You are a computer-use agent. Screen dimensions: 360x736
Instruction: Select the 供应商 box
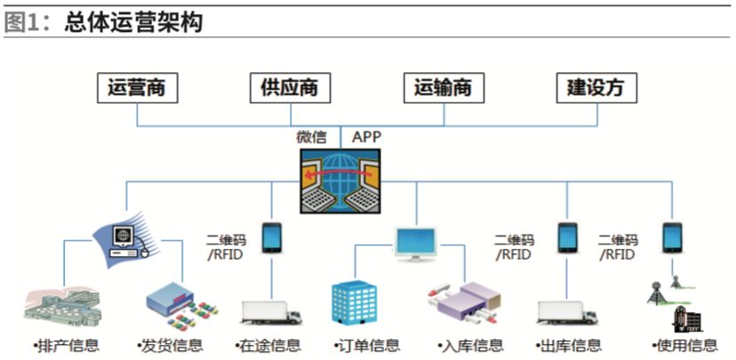(288, 88)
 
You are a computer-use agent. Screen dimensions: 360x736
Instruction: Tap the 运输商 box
(442, 88)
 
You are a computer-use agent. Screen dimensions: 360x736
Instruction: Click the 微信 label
(311, 137)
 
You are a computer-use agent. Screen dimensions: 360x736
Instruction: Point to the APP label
(367, 137)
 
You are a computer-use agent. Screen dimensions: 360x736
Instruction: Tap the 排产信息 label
(66, 345)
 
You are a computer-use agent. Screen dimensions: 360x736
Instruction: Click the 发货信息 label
(170, 345)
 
